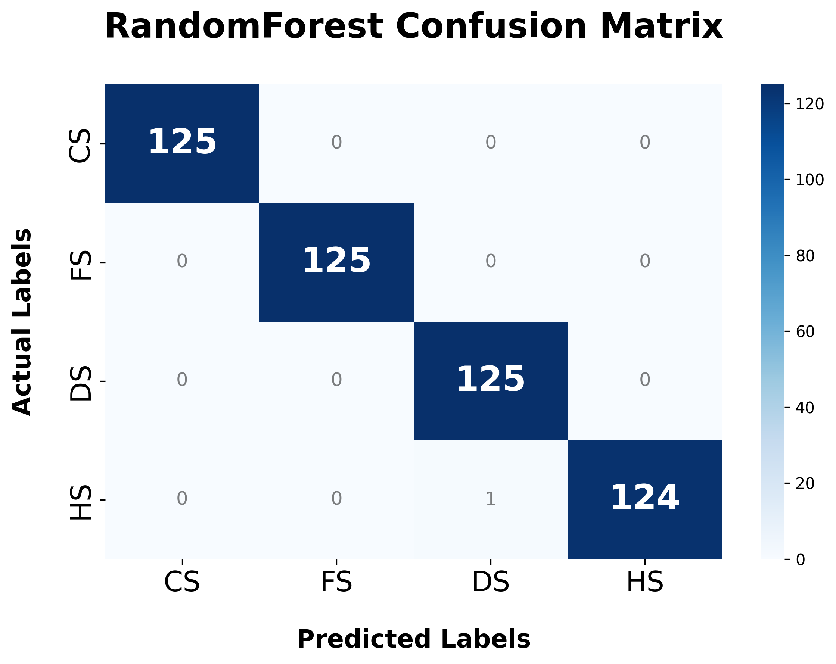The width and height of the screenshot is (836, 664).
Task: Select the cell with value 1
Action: pyautogui.click(x=491, y=499)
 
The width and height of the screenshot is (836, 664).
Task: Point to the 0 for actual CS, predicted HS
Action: pyautogui.click(x=645, y=143)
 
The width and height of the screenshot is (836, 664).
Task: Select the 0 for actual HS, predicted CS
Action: pyautogui.click(x=182, y=499)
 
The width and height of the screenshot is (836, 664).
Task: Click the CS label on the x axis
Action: pyautogui.click(x=182, y=582)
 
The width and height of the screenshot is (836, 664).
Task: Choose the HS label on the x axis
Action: pyautogui.click(x=645, y=582)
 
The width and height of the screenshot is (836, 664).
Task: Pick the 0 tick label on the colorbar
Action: pyautogui.click(x=800, y=560)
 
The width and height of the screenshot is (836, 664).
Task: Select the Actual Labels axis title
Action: pyautogui.click(x=22, y=322)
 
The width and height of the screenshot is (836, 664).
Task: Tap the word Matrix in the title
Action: pyautogui.click(x=661, y=27)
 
